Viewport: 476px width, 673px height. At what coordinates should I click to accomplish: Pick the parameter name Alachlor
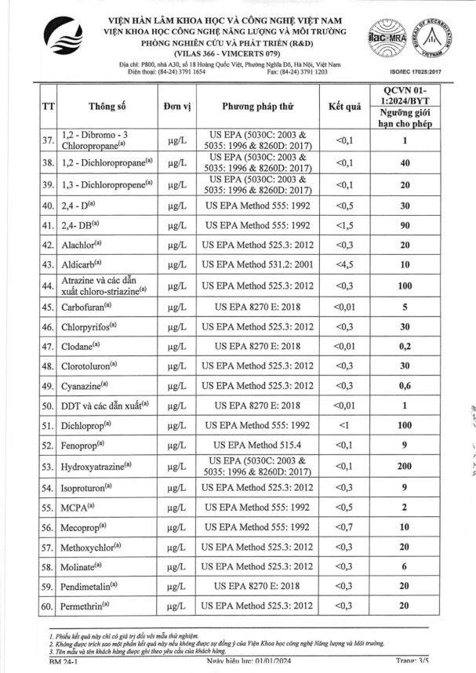click(x=82, y=245)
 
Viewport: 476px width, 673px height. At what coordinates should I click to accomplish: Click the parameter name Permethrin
click(x=87, y=606)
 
